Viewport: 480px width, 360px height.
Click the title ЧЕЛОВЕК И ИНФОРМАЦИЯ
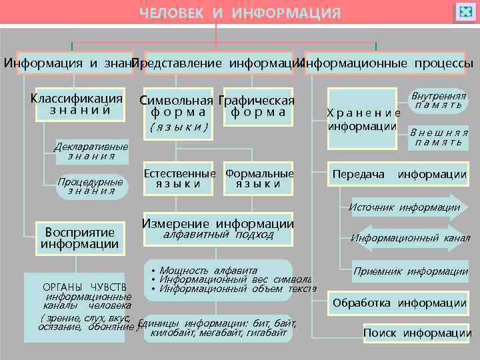tap(239, 13)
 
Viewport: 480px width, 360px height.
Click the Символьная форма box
tap(177, 107)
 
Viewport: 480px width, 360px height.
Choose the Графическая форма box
tap(258, 107)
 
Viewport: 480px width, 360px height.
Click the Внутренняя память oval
tap(438, 101)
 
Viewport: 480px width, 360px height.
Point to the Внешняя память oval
tap(438, 137)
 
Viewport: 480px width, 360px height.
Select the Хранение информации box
tap(363, 120)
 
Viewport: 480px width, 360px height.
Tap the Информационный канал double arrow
tap(409, 238)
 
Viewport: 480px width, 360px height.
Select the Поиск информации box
tap(417, 333)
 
